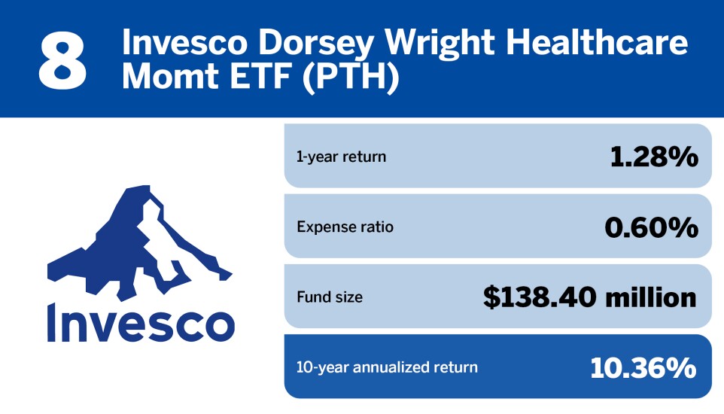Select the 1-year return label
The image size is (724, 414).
pyautogui.click(x=341, y=157)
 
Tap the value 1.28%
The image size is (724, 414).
pyautogui.click(x=653, y=157)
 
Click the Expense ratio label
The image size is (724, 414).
pyautogui.click(x=345, y=227)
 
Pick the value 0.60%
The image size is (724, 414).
pyautogui.click(x=651, y=227)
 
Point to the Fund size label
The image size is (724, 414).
pyautogui.click(x=329, y=297)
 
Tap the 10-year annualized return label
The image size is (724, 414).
pyautogui.click(x=387, y=367)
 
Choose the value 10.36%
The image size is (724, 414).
pyautogui.click(x=643, y=367)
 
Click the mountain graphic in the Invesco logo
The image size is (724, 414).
pyautogui.click(x=139, y=241)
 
